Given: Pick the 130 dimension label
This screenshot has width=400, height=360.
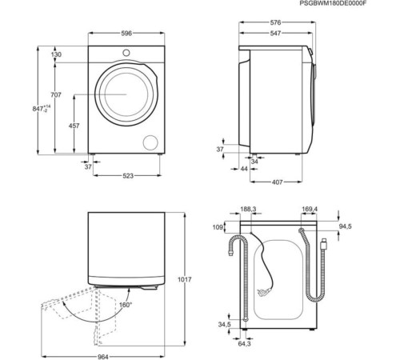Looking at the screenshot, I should click(56, 54).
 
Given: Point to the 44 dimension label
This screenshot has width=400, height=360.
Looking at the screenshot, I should click(242, 170).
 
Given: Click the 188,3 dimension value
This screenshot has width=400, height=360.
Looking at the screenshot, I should click(249, 210).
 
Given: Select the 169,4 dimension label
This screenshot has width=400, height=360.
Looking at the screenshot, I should click(310, 210).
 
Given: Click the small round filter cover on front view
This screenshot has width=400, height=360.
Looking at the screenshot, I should click(150, 142).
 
